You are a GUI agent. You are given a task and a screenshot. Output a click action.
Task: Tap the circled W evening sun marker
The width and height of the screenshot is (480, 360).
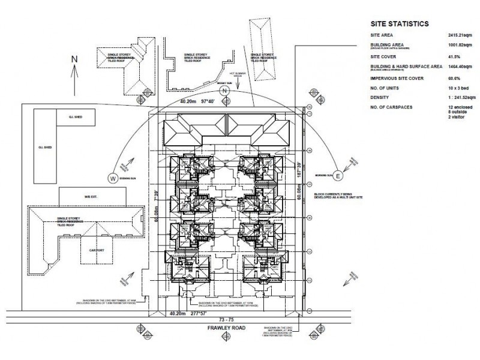coord(112,177)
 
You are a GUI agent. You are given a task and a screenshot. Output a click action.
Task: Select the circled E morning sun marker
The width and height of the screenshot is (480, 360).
coord(338,176)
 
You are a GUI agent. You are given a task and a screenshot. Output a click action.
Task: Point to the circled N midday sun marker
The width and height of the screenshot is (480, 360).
coord(224,91)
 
